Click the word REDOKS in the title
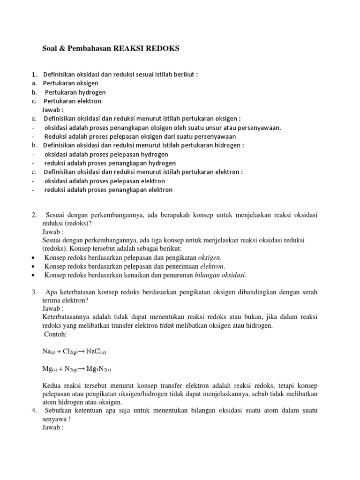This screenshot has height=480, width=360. tap(163, 48)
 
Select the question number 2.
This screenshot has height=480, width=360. tap(34, 215)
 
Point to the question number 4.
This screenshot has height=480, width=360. tap(34, 411)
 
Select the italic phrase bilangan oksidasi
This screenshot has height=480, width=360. tap(221, 275)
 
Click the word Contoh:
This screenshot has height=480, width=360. tap(55, 334)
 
